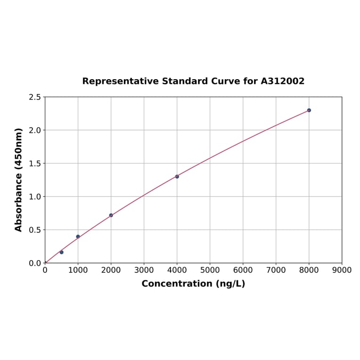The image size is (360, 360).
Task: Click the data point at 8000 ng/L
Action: pyautogui.click(x=309, y=110)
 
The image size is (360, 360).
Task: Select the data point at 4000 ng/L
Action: pyautogui.click(x=177, y=176)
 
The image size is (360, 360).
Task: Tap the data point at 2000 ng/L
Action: pyautogui.click(x=111, y=215)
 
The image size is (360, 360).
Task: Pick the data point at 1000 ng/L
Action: pyautogui.click(x=78, y=237)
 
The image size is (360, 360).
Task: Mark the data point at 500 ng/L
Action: pyautogui.click(x=61, y=252)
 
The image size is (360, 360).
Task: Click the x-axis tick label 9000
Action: pyautogui.click(x=342, y=270)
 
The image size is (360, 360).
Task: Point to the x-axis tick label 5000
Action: pyautogui.click(x=210, y=270)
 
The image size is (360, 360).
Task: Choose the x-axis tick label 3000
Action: pyautogui.click(x=144, y=270)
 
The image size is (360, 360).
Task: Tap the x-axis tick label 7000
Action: pyautogui.click(x=276, y=270)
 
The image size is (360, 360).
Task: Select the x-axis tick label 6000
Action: pyautogui.click(x=243, y=270)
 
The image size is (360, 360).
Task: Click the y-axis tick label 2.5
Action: pyautogui.click(x=35, y=97)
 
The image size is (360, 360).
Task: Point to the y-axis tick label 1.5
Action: pyautogui.click(x=35, y=164)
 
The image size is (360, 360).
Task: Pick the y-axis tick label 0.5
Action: pyautogui.click(x=35, y=230)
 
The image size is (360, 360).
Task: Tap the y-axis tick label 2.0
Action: pyautogui.click(x=35, y=130)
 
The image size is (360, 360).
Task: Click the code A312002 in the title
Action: pyautogui.click(x=283, y=81)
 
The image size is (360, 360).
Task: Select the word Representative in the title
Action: pyautogui.click(x=120, y=82)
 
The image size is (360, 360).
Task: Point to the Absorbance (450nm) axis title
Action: pyautogui.click(x=19, y=180)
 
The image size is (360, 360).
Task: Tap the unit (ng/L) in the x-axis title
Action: pyautogui.click(x=230, y=284)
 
